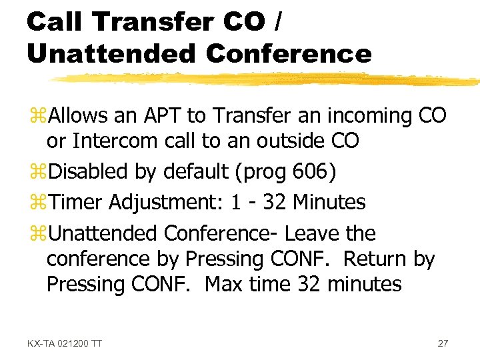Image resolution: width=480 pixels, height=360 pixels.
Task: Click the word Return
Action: (369, 259)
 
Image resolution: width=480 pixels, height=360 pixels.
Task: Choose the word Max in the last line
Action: (224, 285)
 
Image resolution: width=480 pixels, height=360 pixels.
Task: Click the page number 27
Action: (443, 343)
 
